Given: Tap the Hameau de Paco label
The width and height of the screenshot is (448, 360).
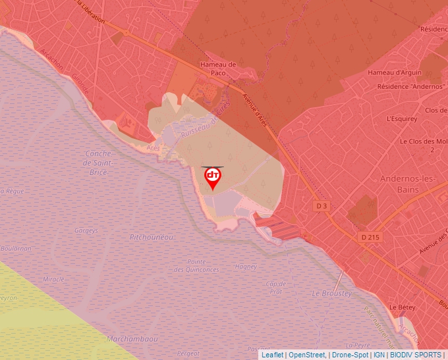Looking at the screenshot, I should point(217,68).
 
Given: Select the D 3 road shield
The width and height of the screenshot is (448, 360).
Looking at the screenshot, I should point(322,206).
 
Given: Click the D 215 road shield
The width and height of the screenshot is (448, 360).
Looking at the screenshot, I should point(370,236).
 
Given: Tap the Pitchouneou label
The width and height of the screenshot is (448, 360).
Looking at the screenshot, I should point(152,236).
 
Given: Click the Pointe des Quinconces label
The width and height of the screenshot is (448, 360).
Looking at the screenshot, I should point(196,265).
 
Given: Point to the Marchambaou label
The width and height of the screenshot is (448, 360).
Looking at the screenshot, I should point(132,339).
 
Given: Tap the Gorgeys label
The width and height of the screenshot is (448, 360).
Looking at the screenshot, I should point(86,231).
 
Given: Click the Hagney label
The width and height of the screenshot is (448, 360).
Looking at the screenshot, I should point(246,267).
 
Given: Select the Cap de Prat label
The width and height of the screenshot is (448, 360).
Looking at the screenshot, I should point(275,288).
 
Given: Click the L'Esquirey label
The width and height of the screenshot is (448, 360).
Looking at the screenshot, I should point(403,119).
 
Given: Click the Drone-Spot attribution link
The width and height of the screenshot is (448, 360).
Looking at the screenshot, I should point(349,355).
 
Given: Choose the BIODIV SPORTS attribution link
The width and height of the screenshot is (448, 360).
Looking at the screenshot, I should point(415,355).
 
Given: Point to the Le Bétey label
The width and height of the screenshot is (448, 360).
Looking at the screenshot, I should point(401,307).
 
